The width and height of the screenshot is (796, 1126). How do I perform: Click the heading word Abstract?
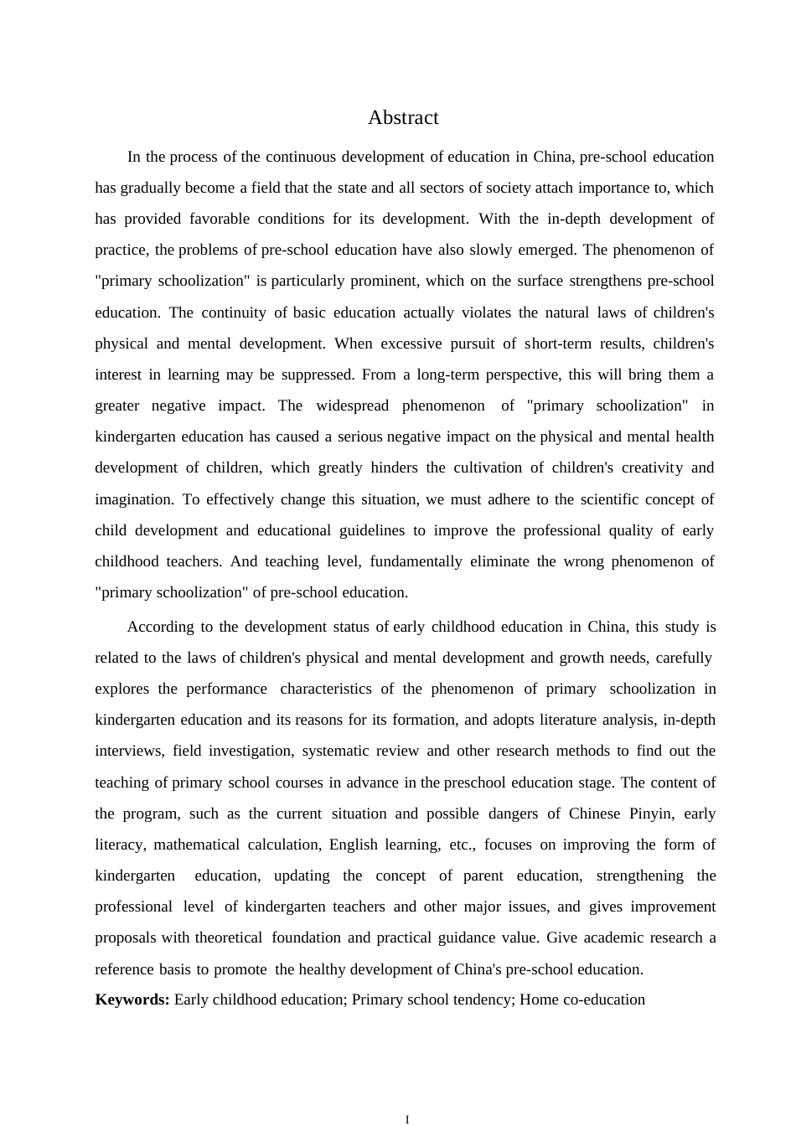click(x=403, y=118)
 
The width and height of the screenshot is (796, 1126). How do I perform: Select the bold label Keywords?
click(x=132, y=999)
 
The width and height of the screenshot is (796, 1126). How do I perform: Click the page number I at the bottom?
click(x=407, y=1119)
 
